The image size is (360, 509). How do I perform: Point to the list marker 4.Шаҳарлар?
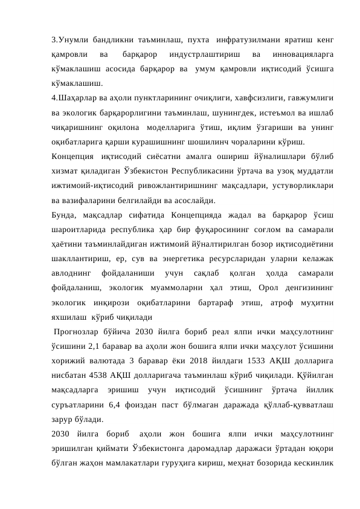point(76,97)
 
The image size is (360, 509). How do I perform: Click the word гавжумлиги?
point(309,97)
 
